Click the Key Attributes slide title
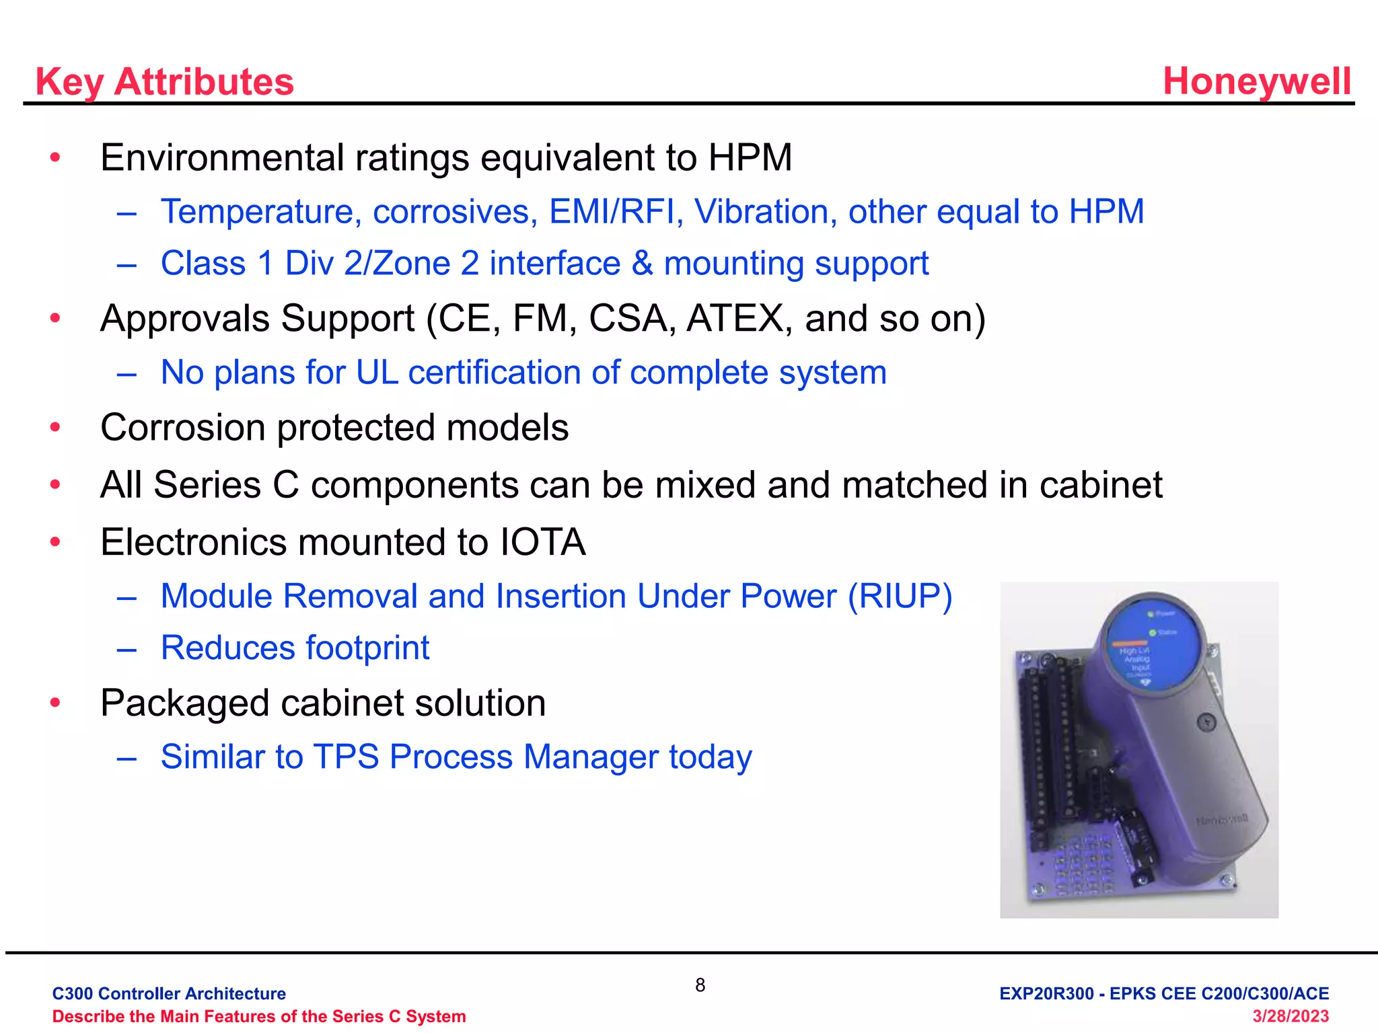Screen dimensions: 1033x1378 [x=164, y=82]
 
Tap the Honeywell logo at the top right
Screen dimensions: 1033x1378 [x=1256, y=81]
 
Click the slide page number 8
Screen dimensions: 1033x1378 [x=700, y=985]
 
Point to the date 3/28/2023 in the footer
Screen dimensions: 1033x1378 [x=1290, y=1016]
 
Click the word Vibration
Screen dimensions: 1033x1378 [x=765, y=212]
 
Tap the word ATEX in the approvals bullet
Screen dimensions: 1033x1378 [x=735, y=318]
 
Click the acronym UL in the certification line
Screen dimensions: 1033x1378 [x=377, y=373]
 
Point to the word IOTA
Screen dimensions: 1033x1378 [x=542, y=543]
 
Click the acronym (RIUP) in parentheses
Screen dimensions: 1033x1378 [x=900, y=597]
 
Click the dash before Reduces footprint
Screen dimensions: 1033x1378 [x=126, y=649]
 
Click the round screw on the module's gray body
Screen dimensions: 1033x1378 [x=1207, y=723]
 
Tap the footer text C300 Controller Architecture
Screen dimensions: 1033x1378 [x=169, y=994]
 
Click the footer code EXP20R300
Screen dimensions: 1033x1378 [x=1046, y=994]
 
